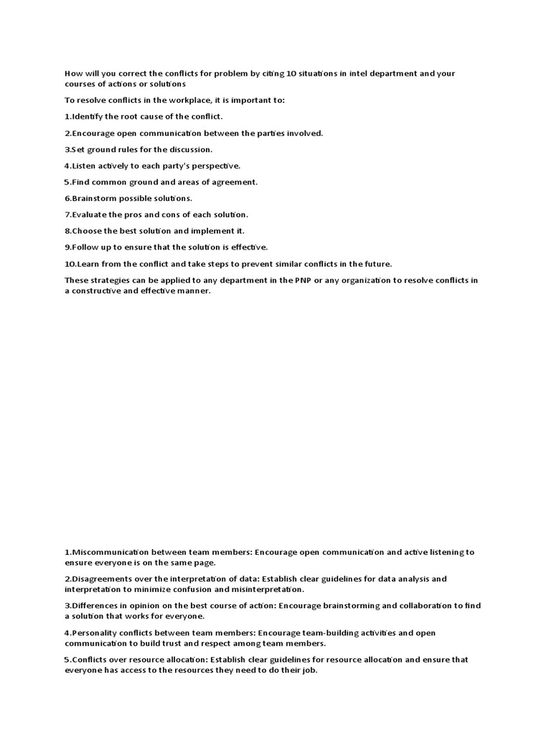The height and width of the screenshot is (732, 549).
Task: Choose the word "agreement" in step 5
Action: (237, 182)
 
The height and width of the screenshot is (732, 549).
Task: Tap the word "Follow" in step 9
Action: (81, 247)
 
